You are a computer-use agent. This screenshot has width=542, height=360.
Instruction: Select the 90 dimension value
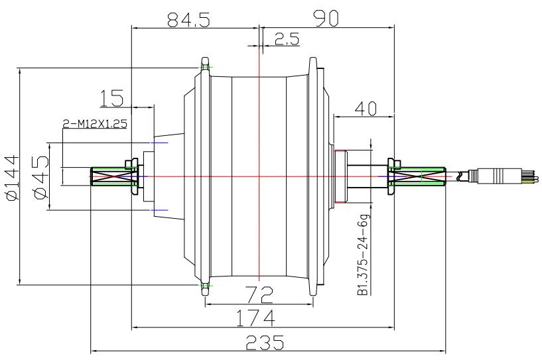[324, 19]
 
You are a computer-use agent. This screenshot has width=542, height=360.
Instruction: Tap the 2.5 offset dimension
[286, 39]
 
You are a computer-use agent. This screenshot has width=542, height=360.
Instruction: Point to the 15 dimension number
[111, 98]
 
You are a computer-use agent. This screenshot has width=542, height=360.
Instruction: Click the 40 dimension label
[364, 107]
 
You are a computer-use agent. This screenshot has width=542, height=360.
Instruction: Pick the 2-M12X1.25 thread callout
[94, 123]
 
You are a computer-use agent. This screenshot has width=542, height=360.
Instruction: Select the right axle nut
[390, 176]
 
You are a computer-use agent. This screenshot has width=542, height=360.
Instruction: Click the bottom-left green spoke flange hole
[205, 286]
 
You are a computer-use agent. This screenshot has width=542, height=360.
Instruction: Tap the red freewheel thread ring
[339, 177]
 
